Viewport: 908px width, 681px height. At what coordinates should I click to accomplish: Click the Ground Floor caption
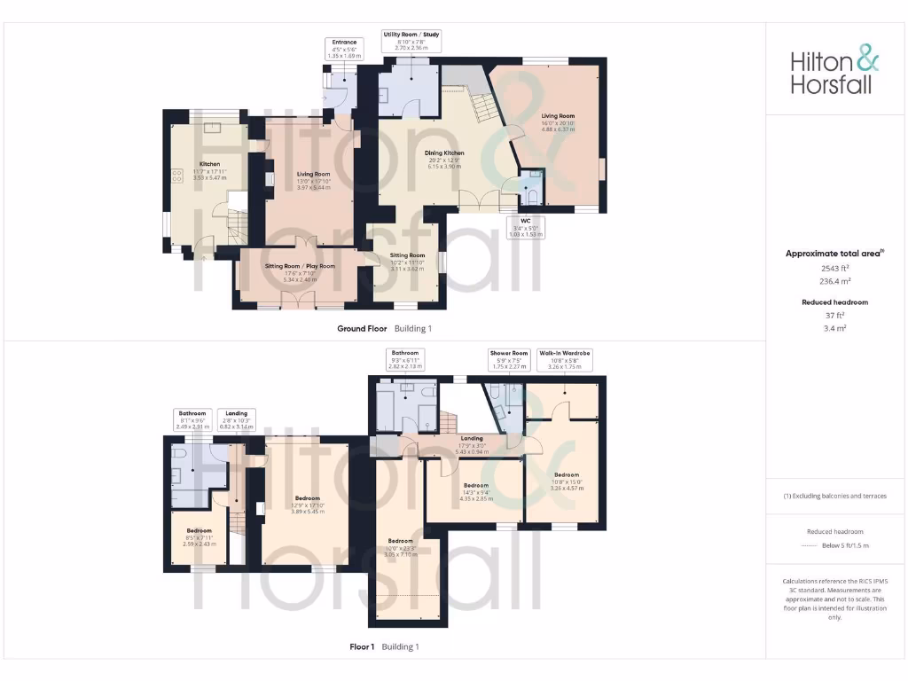(362, 328)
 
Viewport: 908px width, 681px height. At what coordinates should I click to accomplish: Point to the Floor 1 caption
(365, 646)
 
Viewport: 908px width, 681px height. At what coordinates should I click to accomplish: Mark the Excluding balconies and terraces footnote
(836, 496)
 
